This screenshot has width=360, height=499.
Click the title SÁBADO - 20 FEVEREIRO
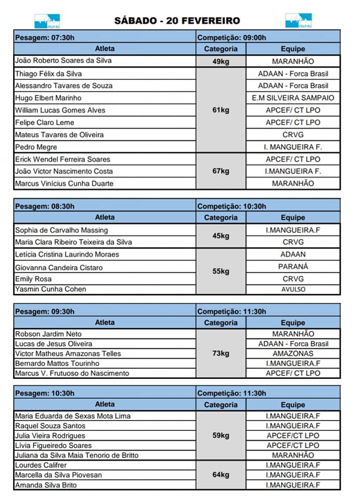click(177, 21)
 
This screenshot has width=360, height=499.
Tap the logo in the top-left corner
click(47, 21)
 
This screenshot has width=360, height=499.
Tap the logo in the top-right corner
click(298, 21)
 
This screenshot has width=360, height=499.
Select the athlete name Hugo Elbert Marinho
click(48, 98)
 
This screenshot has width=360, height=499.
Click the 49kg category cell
click(221, 61)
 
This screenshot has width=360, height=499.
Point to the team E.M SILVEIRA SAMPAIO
click(293, 98)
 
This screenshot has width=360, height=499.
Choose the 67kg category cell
click(221, 171)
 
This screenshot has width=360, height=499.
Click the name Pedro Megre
click(36, 147)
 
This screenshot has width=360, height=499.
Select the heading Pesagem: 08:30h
click(45, 206)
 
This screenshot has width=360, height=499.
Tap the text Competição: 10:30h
click(232, 206)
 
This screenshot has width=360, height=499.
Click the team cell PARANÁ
click(293, 267)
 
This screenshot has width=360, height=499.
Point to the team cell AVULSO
click(293, 290)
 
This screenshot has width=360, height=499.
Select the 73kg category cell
click(221, 353)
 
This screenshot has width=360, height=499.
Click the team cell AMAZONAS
click(293, 353)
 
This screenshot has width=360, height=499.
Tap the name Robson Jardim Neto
click(48, 334)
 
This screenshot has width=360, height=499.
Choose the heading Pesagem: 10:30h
click(45, 393)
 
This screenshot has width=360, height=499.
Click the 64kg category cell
click(221, 475)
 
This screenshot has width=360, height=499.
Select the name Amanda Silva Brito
click(46, 485)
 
